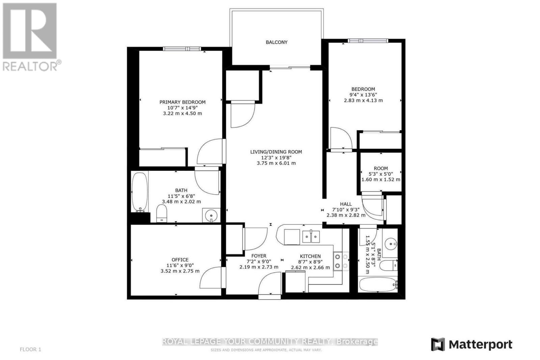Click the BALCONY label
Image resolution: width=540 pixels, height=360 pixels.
pyautogui.click(x=276, y=42)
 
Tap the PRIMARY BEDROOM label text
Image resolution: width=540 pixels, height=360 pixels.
pyautogui.click(x=183, y=102)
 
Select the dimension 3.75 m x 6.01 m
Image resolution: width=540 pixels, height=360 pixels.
pyautogui.click(x=276, y=163)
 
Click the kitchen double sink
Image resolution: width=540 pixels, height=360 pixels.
pyautogui.click(x=311, y=237)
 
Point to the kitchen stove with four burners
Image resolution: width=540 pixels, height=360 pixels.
pyautogui.click(x=341, y=261)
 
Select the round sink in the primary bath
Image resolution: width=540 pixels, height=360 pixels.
pyautogui.click(x=211, y=215)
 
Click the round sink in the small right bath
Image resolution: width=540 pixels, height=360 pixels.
pyautogui.click(x=390, y=244)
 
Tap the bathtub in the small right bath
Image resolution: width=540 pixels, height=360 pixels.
pyautogui.click(x=378, y=284)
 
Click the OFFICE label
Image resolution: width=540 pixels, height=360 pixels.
pyautogui.click(x=180, y=260)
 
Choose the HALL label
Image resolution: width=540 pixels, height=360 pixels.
pyautogui.click(x=346, y=204)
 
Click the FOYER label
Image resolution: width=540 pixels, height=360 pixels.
pyautogui.click(x=259, y=256)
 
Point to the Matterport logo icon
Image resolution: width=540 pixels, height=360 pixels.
pyautogui.click(x=438, y=344)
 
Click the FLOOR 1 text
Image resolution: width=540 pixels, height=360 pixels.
pyautogui.click(x=31, y=350)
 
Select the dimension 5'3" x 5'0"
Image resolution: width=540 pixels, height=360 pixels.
pyautogui.click(x=381, y=174)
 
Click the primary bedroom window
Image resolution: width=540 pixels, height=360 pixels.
pyautogui.click(x=182, y=49)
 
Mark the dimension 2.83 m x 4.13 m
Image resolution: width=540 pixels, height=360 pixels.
pyautogui.click(x=363, y=101)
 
